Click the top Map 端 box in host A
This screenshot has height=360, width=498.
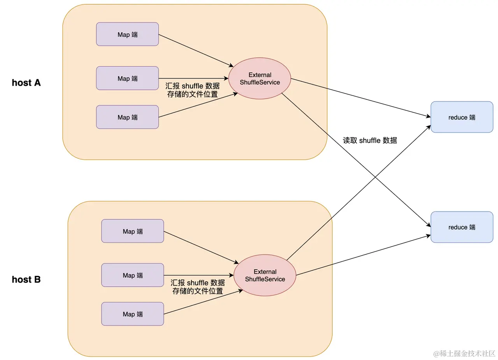127,34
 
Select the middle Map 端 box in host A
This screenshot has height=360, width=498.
127,78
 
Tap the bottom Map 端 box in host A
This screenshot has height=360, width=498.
127,117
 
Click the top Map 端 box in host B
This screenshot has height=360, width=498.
132,231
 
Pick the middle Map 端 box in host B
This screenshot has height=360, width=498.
132,275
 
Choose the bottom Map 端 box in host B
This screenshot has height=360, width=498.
132,314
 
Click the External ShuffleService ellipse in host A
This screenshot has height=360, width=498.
260,79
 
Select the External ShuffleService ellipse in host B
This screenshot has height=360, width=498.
265,276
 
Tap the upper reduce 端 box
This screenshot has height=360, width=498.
462,117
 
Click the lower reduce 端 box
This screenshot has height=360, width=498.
462,227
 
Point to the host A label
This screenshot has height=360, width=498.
26,83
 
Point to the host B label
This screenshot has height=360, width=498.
26,279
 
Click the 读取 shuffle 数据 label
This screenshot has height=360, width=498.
370,140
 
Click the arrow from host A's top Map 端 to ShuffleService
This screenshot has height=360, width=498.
196,50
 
